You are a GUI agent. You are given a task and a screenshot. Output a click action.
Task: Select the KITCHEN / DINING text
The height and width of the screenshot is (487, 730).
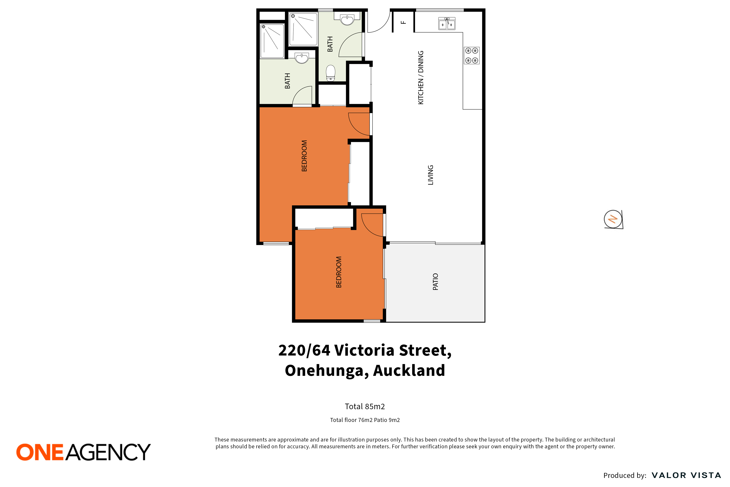[x=421, y=78]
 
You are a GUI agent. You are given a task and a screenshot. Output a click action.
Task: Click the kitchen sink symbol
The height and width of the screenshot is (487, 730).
[x=447, y=24]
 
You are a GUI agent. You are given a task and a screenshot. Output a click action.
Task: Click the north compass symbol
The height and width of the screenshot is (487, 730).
[x=613, y=219]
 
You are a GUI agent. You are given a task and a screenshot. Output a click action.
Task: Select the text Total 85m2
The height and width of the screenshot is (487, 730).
[x=365, y=407]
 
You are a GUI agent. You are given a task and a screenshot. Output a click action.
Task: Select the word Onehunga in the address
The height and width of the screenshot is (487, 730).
[x=327, y=371]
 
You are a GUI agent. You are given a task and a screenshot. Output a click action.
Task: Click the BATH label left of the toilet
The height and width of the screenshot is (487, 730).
[x=330, y=44]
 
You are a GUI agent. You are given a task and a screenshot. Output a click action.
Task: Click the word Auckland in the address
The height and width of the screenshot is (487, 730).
[x=409, y=371]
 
